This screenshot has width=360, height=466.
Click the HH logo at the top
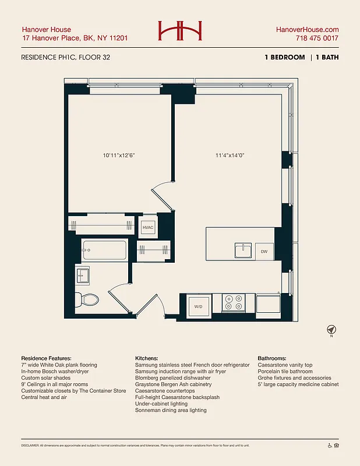point(179,31)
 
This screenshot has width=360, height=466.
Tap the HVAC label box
point(148,227)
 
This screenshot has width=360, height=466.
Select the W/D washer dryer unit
point(197,305)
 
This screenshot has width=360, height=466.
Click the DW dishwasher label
point(264,252)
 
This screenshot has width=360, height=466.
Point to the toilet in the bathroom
point(89,299)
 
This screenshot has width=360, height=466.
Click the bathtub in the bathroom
point(104,251)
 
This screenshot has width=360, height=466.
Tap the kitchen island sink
point(243,250)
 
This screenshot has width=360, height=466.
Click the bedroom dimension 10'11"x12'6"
point(119,156)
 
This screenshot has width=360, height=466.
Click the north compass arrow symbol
point(331,329)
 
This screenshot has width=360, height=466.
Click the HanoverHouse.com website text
point(307,30)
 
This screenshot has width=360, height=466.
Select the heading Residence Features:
point(47,358)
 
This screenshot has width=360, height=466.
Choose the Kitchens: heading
point(146,358)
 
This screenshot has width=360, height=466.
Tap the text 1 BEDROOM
point(284,58)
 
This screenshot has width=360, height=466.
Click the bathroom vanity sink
point(83,274)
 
